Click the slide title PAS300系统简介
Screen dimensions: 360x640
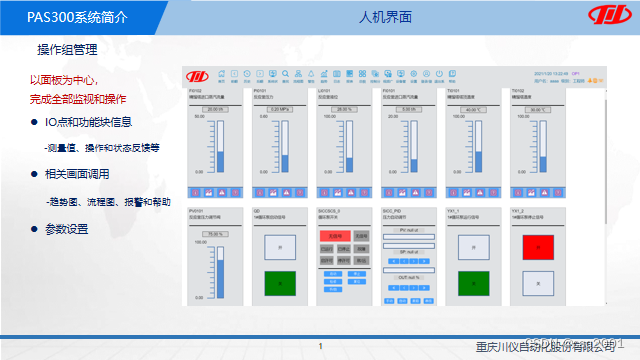(56, 17)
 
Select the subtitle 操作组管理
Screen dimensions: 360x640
(64, 50)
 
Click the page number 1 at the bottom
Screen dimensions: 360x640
(320, 347)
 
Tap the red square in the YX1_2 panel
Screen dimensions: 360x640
(539, 246)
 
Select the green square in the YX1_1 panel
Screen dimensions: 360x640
(474, 282)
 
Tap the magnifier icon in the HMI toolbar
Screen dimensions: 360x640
(285, 73)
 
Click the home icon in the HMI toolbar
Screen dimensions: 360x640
(221, 73)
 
